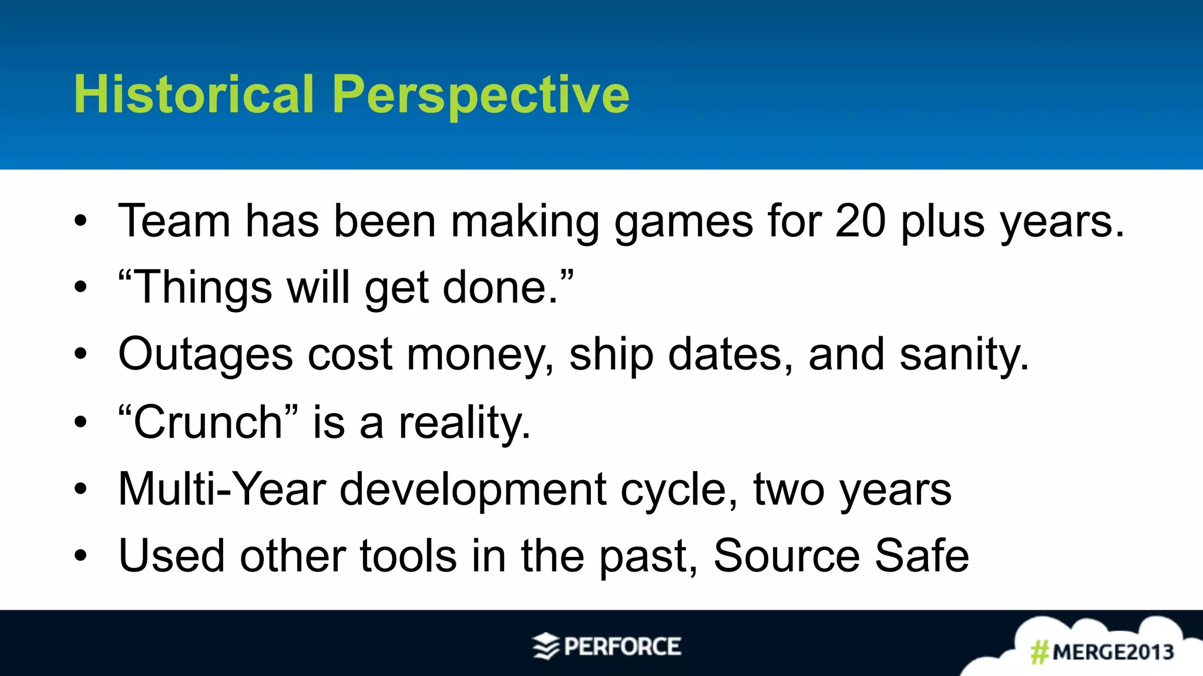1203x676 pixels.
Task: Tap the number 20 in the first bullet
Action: pyautogui.click(x=860, y=221)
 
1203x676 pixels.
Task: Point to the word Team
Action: pyautogui.click(x=174, y=221)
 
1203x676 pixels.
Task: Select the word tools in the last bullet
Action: pyautogui.click(x=408, y=556)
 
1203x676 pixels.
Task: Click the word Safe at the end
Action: pyautogui.click(x=922, y=556)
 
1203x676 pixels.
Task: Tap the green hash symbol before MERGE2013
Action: pyautogui.click(x=1040, y=653)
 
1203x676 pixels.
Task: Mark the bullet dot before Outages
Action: pyautogui.click(x=80, y=354)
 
